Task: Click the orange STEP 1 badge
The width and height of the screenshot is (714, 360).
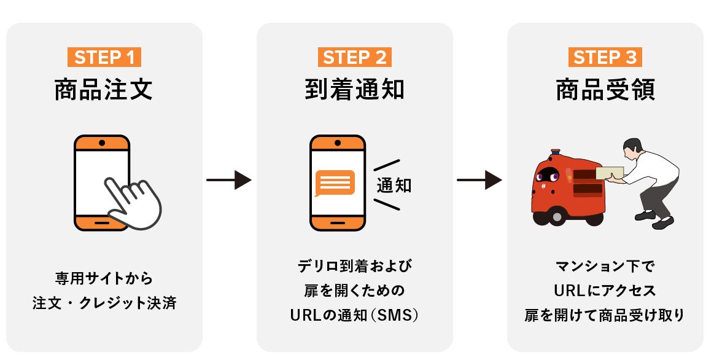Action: tap(104, 57)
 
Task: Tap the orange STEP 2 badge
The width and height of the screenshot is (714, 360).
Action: tap(355, 57)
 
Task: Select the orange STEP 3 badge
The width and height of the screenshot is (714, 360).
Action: tap(605, 57)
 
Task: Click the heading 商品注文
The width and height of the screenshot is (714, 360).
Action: tap(104, 90)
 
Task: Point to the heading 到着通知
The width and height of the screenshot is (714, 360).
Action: tap(355, 90)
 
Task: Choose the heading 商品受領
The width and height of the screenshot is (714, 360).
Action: tap(605, 90)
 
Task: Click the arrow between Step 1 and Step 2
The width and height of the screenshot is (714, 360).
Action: tap(229, 181)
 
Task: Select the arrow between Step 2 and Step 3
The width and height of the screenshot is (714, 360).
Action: tap(479, 181)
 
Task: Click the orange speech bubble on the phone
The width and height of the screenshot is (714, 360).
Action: tap(335, 182)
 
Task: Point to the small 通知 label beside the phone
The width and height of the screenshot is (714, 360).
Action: tap(394, 186)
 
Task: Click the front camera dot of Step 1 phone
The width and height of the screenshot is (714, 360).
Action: tap(102, 143)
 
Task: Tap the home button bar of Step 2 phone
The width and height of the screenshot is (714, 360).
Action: tap(338, 222)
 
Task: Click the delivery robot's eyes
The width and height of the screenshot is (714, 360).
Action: tap(548, 176)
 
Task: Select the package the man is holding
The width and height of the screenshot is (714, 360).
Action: tap(608, 173)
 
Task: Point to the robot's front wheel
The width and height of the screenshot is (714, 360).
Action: tap(556, 216)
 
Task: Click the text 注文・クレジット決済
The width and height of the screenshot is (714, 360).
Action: tap(104, 303)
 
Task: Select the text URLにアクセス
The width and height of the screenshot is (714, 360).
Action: tap(605, 291)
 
